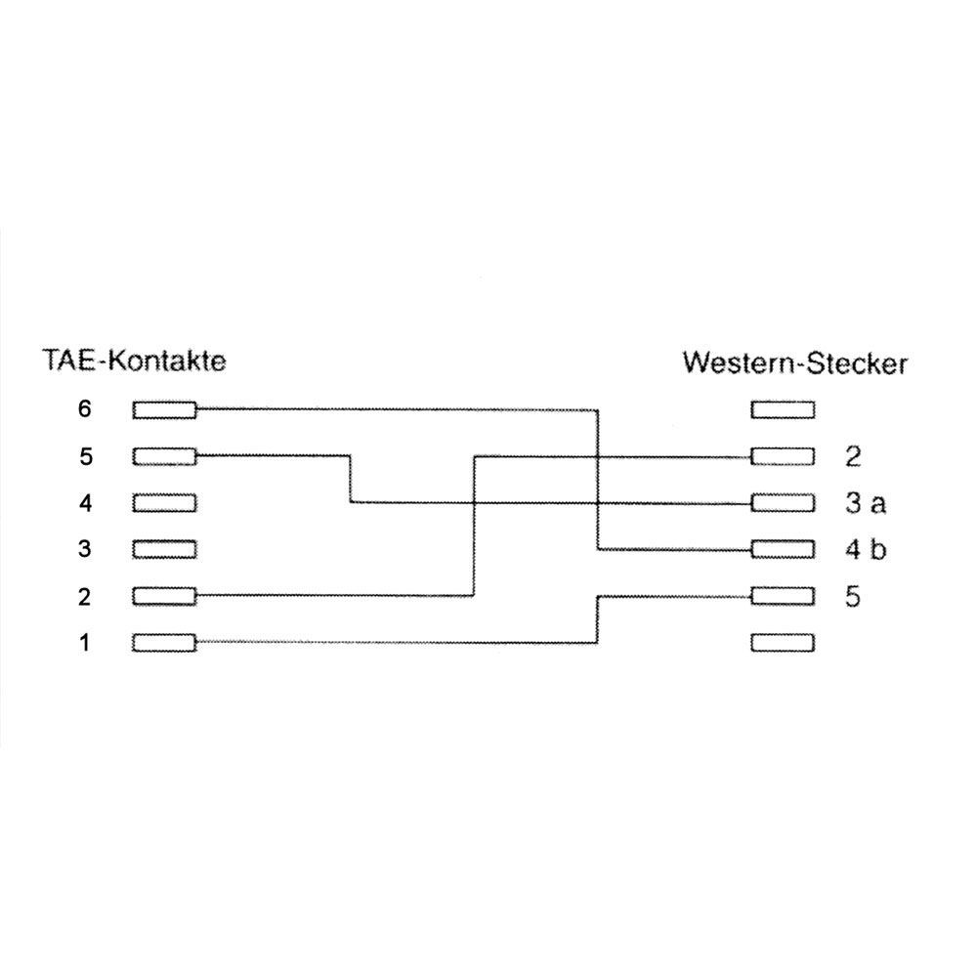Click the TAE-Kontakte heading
(x=134, y=361)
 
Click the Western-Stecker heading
(x=794, y=363)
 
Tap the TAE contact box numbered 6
(x=164, y=410)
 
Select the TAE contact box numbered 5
(x=164, y=456)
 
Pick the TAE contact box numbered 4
(x=164, y=503)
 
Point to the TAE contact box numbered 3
(x=164, y=549)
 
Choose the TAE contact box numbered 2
(x=164, y=595)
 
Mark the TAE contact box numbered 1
(x=164, y=643)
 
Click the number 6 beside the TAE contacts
(x=84, y=409)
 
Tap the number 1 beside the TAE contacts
(x=84, y=643)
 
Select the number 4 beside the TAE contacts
(x=84, y=503)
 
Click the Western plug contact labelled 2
(x=782, y=456)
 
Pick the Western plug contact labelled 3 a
(x=782, y=503)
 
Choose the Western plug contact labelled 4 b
(x=782, y=549)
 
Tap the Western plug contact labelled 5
(x=782, y=595)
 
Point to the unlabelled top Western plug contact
(x=782, y=410)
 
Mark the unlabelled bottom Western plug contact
(x=782, y=643)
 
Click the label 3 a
(x=866, y=504)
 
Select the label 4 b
(x=866, y=550)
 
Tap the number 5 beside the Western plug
(x=853, y=596)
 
